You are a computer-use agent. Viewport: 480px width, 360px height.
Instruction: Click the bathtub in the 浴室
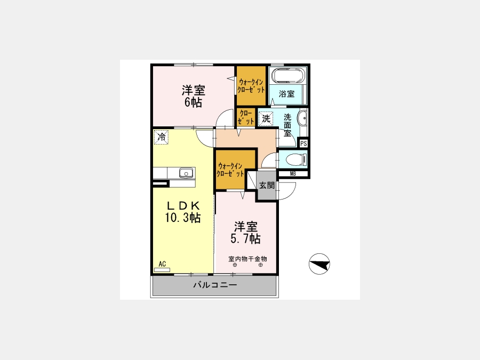[x=287, y=75]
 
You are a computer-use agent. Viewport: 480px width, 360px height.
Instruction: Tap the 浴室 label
[x=286, y=94]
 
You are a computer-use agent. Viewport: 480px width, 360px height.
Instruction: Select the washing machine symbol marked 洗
[x=266, y=118]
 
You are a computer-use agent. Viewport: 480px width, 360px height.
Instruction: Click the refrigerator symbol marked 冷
[x=161, y=137]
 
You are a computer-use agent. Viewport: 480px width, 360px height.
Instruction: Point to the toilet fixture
[x=296, y=159]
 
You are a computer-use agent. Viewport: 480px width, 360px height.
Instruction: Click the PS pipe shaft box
[x=303, y=143]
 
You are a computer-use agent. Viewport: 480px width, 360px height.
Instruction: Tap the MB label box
[x=293, y=174]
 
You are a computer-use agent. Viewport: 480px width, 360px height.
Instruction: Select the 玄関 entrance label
[x=267, y=185]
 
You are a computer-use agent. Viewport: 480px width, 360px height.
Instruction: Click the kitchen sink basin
[x=186, y=173]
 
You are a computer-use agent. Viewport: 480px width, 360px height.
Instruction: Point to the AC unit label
[x=162, y=264]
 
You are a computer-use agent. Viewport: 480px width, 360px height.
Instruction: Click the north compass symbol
[x=319, y=264]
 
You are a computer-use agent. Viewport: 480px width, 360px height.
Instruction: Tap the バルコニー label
[x=215, y=285]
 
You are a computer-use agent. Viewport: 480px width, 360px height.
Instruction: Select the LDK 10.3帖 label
[x=183, y=211]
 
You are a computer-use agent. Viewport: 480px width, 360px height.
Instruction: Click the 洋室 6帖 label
[x=193, y=96]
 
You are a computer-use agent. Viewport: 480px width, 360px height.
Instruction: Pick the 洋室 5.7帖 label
[x=245, y=233]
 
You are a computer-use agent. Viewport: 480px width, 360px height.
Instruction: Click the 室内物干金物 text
[x=247, y=259]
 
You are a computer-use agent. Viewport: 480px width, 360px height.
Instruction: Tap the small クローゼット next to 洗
[x=246, y=117]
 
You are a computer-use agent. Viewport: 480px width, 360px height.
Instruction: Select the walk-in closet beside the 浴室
[x=251, y=86]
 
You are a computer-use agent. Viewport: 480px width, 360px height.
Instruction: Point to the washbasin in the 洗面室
[x=303, y=118]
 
